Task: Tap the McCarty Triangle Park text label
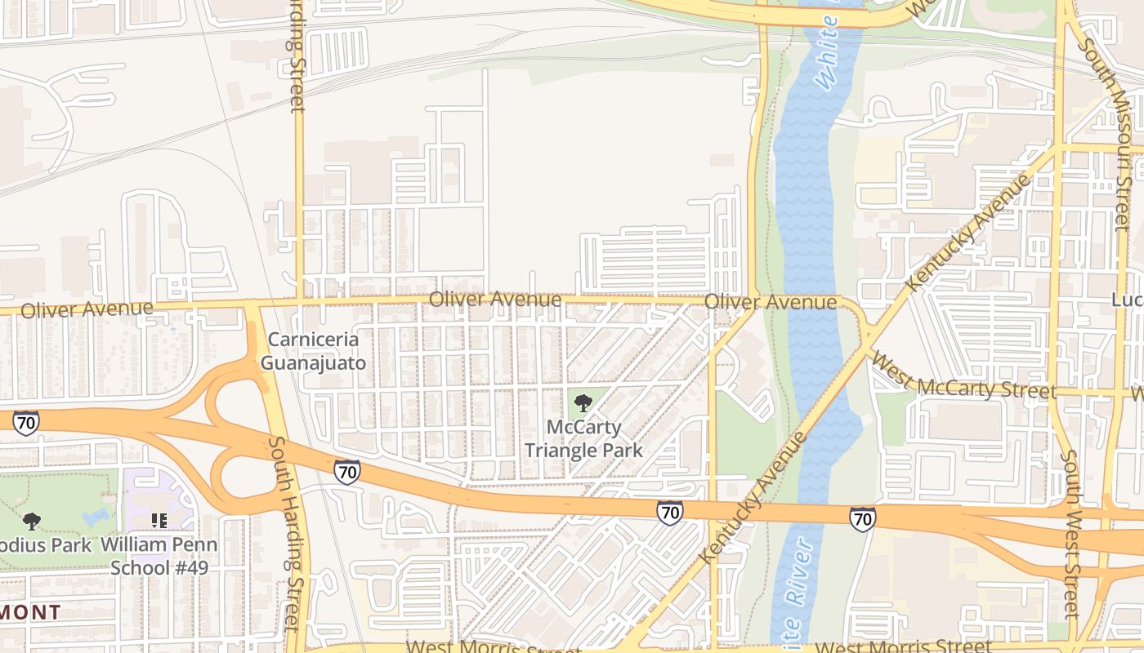[x=583, y=438]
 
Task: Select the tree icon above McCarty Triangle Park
[x=583, y=402]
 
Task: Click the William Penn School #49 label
[x=159, y=556]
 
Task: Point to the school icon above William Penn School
[x=159, y=520]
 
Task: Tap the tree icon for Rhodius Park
[x=32, y=521]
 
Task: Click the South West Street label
[x=1072, y=535]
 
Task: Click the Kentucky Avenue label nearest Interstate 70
[x=753, y=498]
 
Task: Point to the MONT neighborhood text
[x=31, y=611]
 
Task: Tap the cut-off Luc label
[x=1128, y=300]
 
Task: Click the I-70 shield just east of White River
[x=862, y=518]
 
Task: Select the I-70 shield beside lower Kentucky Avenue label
[x=669, y=512]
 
